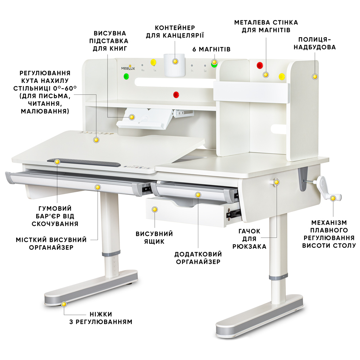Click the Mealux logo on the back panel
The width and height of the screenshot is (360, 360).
[x=128, y=67]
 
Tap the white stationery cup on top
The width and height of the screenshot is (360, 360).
[x=174, y=65]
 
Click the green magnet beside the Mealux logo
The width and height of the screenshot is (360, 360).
[x=126, y=76]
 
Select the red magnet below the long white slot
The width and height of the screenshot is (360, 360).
[x=176, y=94]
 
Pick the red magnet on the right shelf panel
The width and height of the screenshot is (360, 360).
[x=260, y=65]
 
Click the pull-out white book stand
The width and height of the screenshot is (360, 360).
[x=144, y=118]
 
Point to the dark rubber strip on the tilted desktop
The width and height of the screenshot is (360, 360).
[x=84, y=162]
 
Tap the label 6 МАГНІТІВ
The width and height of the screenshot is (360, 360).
[x=211, y=49]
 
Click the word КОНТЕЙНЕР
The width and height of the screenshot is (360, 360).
[x=175, y=28]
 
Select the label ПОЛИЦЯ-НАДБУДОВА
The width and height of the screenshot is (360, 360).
[x=315, y=43]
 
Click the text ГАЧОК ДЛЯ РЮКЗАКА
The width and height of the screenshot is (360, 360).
[x=249, y=239]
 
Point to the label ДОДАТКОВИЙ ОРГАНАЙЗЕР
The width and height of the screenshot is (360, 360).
[x=198, y=258]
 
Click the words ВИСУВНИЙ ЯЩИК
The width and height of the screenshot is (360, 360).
[x=154, y=238]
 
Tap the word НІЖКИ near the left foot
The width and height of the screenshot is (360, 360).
[x=101, y=314]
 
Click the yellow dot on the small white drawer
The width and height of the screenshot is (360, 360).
[x=155, y=210]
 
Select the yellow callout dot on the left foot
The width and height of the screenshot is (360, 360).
[x=64, y=304]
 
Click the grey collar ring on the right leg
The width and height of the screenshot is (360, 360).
[x=278, y=276]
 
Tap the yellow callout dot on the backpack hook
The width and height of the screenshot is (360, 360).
[x=277, y=182]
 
